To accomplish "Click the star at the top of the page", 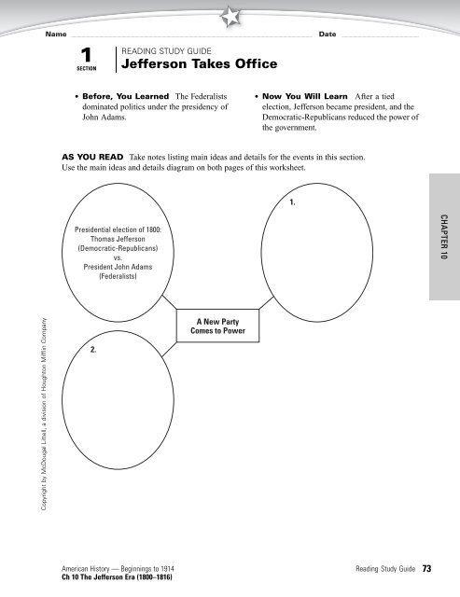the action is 230,17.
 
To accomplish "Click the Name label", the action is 56,34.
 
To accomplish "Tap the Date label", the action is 328,34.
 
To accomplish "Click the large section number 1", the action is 87,55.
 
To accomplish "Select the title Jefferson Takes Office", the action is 199,63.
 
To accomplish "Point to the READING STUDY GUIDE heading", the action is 166,51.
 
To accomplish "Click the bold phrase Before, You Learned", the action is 126,96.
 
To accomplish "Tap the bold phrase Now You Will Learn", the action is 304,96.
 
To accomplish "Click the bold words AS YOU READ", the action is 92,157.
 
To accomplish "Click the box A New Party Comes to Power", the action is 217,326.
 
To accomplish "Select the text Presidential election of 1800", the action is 118,229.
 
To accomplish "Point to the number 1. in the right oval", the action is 292,202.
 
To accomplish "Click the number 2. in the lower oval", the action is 93,350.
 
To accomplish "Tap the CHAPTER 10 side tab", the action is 444,237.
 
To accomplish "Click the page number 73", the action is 426,568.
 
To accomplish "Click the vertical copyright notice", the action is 44,414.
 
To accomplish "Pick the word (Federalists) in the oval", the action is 118,276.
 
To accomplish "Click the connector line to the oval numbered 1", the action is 267,302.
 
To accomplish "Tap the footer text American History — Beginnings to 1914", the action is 118,569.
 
